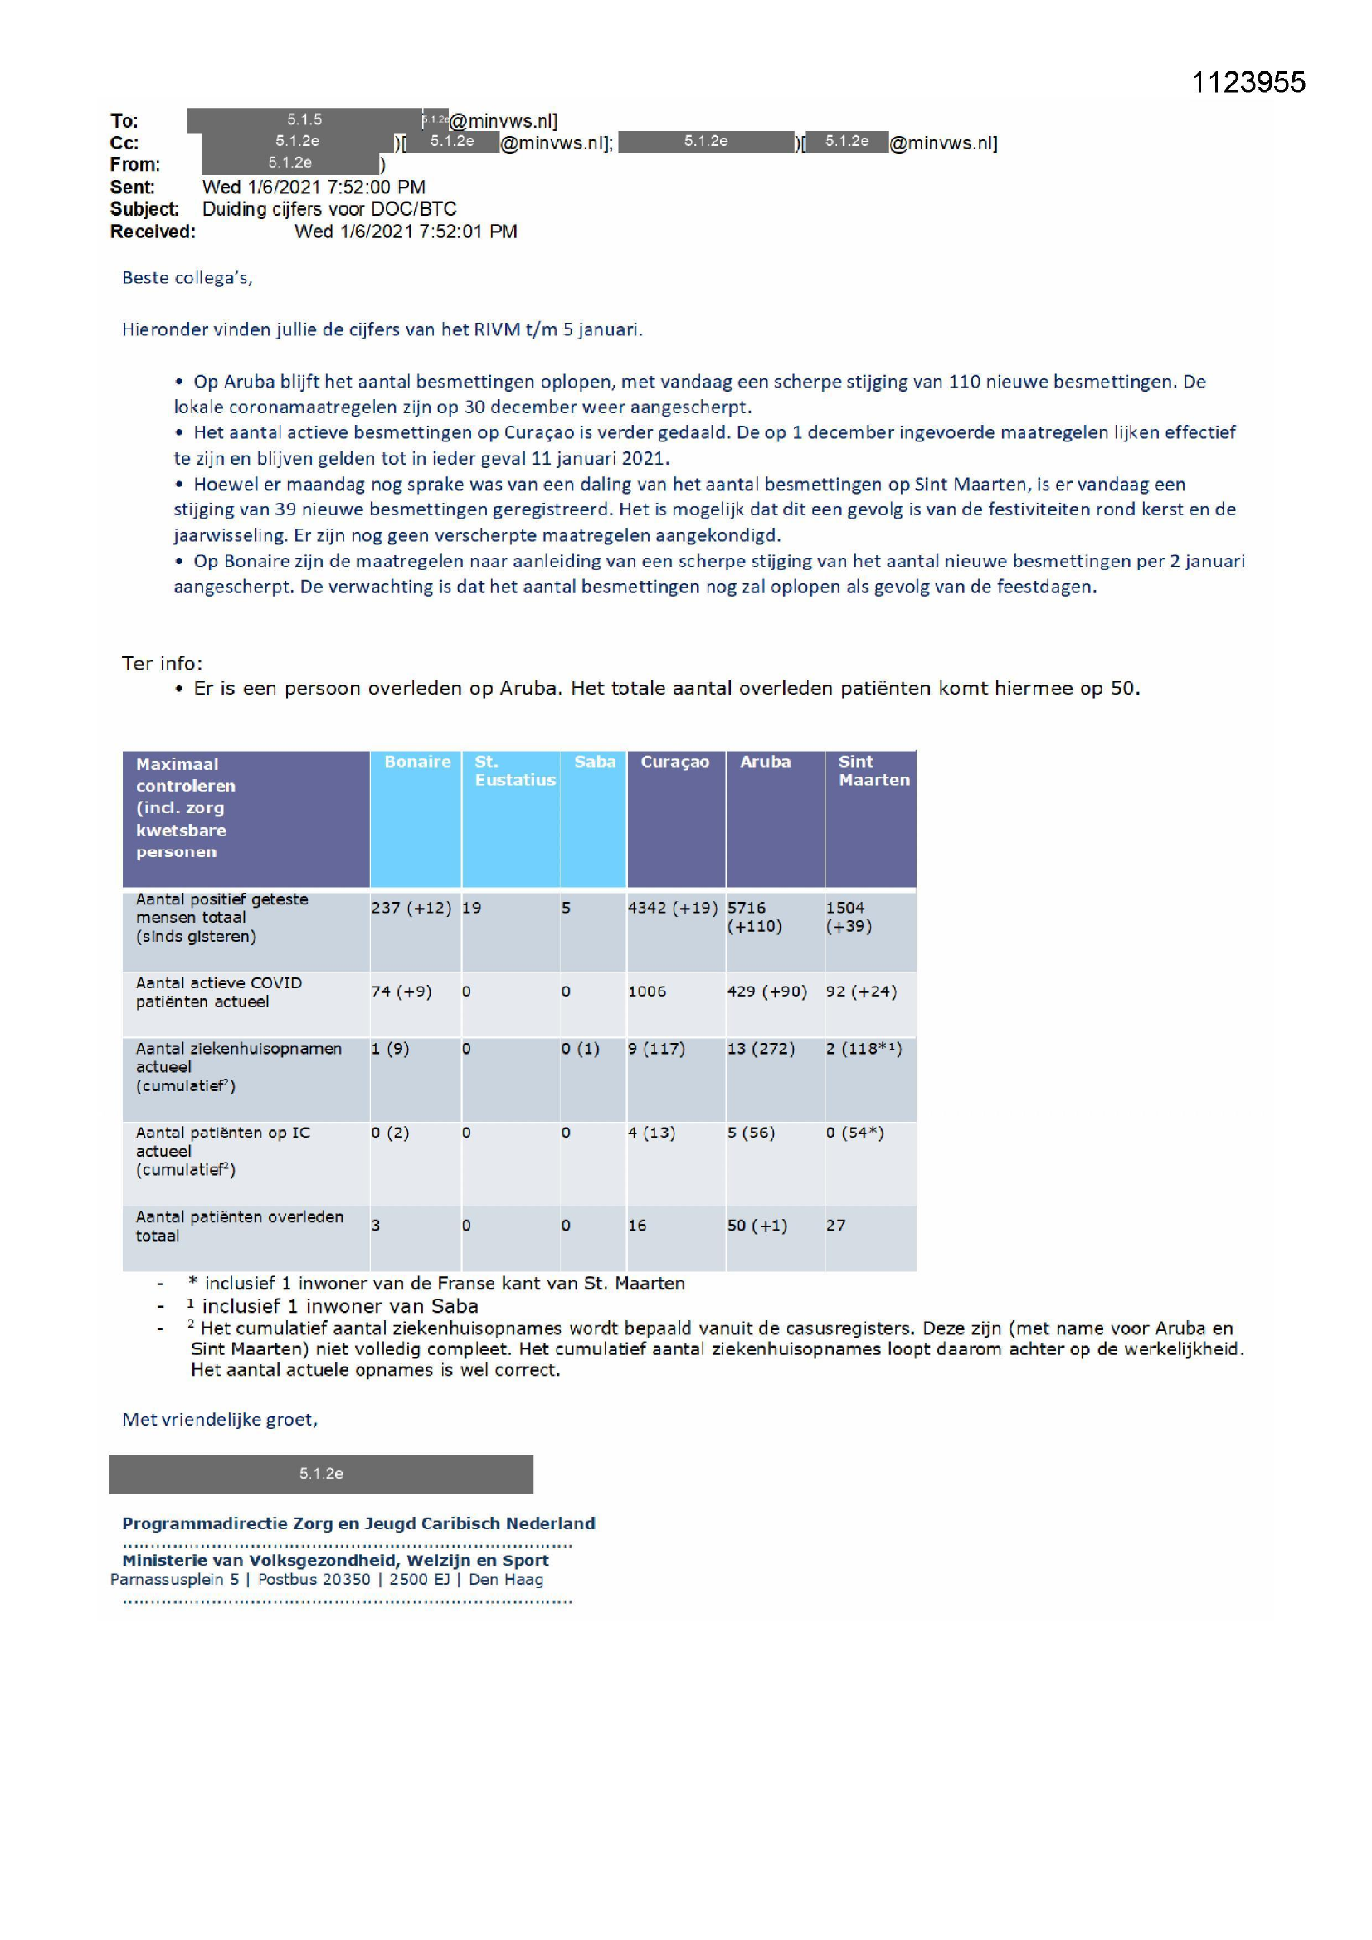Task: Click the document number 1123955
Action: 1247,82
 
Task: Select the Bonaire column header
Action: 416,761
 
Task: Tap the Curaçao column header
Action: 674,761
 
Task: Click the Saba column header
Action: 594,761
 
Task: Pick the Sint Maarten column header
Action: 873,771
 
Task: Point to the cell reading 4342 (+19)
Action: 673,908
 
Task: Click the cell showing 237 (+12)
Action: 411,908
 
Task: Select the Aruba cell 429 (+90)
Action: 766,991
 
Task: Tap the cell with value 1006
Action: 646,991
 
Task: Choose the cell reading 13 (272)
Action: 761,1049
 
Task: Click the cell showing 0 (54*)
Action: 854,1133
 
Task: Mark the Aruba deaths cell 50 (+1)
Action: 757,1226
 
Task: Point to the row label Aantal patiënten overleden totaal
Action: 239,1226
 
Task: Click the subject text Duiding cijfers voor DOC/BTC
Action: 328,209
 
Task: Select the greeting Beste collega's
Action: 187,278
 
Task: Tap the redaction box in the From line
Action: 289,163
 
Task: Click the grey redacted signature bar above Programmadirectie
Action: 321,1474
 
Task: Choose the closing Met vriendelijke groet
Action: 220,1419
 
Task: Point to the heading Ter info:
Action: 163,663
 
